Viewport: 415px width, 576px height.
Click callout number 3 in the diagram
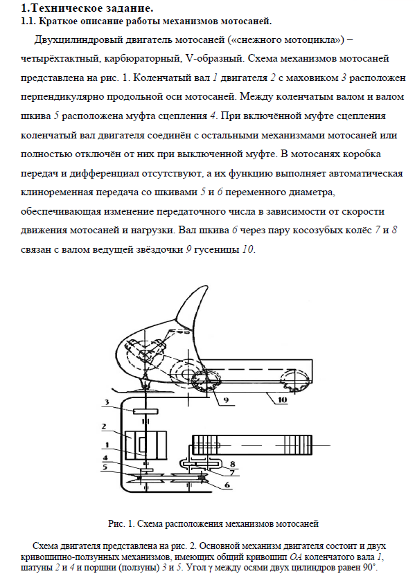tap(107, 402)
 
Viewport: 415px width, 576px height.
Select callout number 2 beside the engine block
tap(104, 426)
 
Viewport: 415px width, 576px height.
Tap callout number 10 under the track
tap(282, 400)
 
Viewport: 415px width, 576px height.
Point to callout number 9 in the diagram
tap(226, 400)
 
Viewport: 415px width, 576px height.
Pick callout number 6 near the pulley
tap(227, 485)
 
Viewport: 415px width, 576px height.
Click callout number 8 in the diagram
tap(232, 465)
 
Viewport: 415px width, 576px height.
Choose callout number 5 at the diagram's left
tap(105, 467)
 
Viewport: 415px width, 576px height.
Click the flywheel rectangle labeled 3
tap(146, 411)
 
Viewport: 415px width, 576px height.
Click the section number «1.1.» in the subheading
tap(28, 21)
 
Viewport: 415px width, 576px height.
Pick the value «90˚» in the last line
tap(370, 567)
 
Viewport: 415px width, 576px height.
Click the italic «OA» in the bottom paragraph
tap(296, 557)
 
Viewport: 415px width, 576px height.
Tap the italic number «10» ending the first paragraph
tap(247, 249)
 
